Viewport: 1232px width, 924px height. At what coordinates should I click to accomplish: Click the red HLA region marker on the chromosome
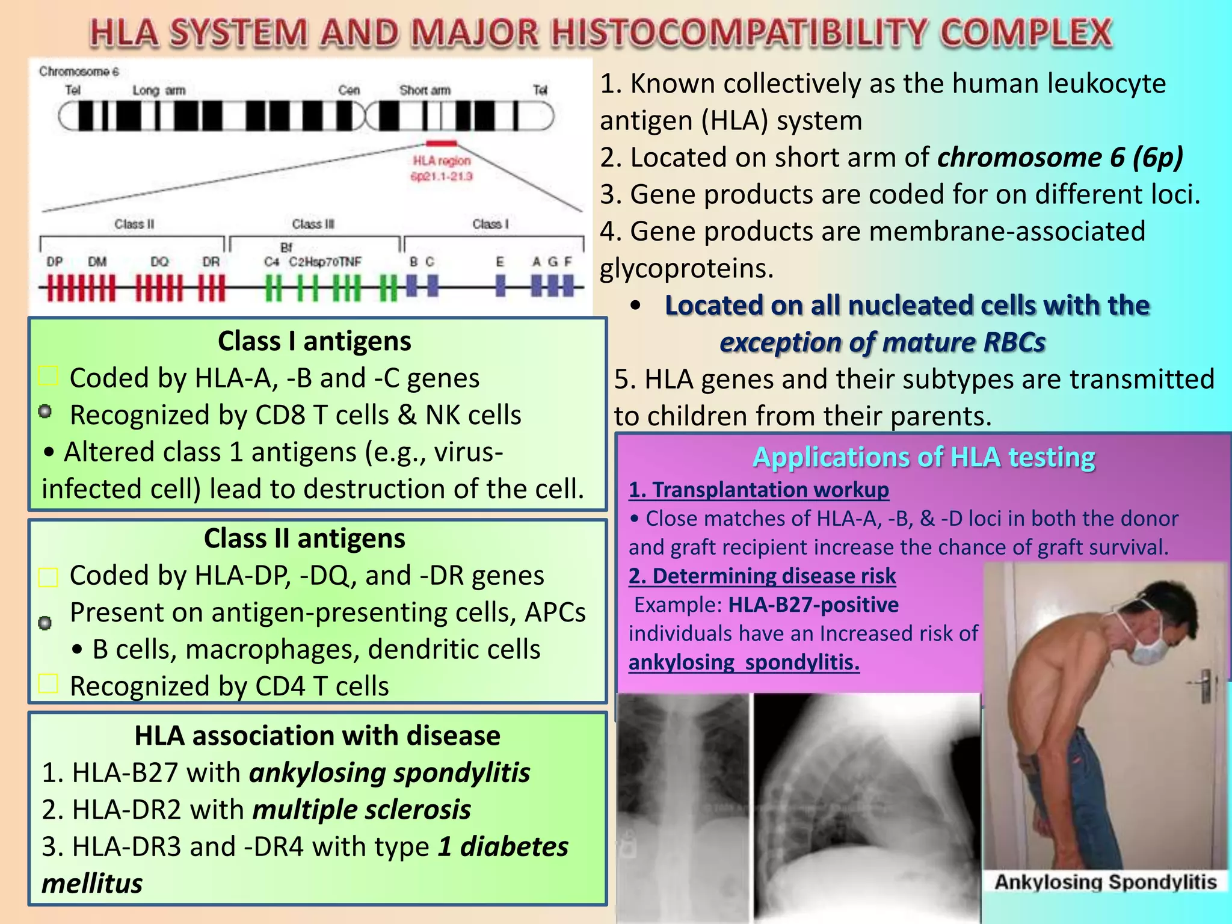point(442,143)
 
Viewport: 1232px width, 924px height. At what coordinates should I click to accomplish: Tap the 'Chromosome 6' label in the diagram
point(79,72)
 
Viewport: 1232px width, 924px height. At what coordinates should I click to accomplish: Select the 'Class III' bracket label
point(313,224)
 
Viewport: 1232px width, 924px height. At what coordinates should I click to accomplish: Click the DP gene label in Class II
point(55,262)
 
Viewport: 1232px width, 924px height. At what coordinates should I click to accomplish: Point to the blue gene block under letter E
point(500,285)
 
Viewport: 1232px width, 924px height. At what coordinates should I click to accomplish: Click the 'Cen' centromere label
point(349,90)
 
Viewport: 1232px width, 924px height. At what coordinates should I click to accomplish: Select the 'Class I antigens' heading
point(314,341)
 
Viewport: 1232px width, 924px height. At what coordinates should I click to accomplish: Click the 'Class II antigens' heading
point(304,538)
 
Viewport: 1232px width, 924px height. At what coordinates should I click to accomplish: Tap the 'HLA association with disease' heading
point(317,736)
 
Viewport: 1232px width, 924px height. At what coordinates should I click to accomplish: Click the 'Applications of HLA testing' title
point(923,457)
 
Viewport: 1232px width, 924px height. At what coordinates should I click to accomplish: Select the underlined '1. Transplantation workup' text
point(759,490)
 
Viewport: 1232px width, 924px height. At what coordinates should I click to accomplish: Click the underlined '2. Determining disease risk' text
point(762,576)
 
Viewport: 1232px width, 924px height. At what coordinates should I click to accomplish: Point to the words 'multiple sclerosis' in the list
point(362,810)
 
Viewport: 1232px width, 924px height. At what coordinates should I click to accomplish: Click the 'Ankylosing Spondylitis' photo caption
point(1105,882)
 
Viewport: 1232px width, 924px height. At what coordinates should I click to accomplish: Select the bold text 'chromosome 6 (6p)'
point(1060,158)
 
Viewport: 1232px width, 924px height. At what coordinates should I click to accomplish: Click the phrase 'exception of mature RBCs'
point(882,342)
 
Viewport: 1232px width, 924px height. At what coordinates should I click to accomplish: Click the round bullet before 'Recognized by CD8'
point(45,412)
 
